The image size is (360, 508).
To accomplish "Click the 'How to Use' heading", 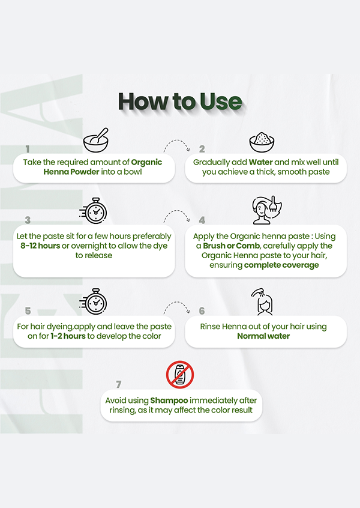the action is coord(180,101).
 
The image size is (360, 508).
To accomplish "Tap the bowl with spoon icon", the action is coord(96,140).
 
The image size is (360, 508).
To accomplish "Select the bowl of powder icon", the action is coord(262,142).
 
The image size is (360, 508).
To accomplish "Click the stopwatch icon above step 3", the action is coord(93,211).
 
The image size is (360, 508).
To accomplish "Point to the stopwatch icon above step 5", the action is coord(93,301).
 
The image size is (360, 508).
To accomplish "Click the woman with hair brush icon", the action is coord(267,210).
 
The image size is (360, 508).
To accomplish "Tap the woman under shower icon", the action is coord(262,302).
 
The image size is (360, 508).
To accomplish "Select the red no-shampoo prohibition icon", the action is coord(180,375).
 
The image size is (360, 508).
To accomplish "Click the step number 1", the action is coord(28,149).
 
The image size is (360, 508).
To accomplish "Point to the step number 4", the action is coord(202,220).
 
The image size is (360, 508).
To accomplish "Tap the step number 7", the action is coord(118,384).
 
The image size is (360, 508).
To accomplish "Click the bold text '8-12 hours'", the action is coord(40,246).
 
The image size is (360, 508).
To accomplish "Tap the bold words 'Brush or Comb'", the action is coord(232,246).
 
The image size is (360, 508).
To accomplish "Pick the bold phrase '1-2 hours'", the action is coord(68,336).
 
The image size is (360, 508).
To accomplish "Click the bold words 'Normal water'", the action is coord(263,336).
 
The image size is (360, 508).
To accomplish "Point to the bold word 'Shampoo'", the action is coord(169,401).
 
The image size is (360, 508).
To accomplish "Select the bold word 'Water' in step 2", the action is coord(260,162).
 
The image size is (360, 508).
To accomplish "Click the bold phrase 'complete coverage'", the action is coord(281,265).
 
